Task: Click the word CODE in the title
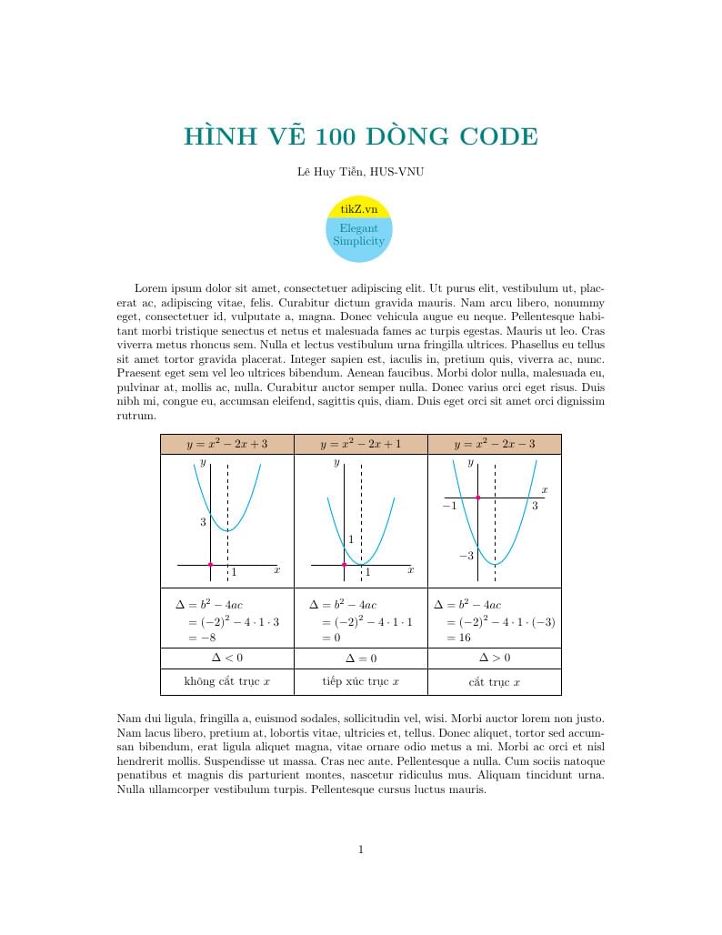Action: pyautogui.click(x=499, y=137)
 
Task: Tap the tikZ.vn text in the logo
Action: pyautogui.click(x=358, y=209)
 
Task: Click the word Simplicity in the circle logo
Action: pyautogui.click(x=358, y=241)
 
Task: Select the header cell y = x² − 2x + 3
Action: pyautogui.click(x=227, y=444)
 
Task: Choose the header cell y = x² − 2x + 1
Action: pyautogui.click(x=360, y=444)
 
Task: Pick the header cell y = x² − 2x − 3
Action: pyautogui.click(x=494, y=444)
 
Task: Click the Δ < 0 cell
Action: pyautogui.click(x=227, y=657)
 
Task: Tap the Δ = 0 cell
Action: pyautogui.click(x=360, y=658)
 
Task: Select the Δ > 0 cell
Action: pyautogui.click(x=494, y=657)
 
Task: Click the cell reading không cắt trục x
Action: pyautogui.click(x=227, y=681)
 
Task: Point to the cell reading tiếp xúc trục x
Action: pyautogui.click(x=360, y=681)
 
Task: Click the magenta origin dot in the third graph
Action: pyautogui.click(x=477, y=498)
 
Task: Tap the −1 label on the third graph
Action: pyautogui.click(x=449, y=506)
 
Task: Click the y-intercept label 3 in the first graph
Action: pyautogui.click(x=204, y=522)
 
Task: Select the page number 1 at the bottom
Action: pyautogui.click(x=361, y=850)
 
